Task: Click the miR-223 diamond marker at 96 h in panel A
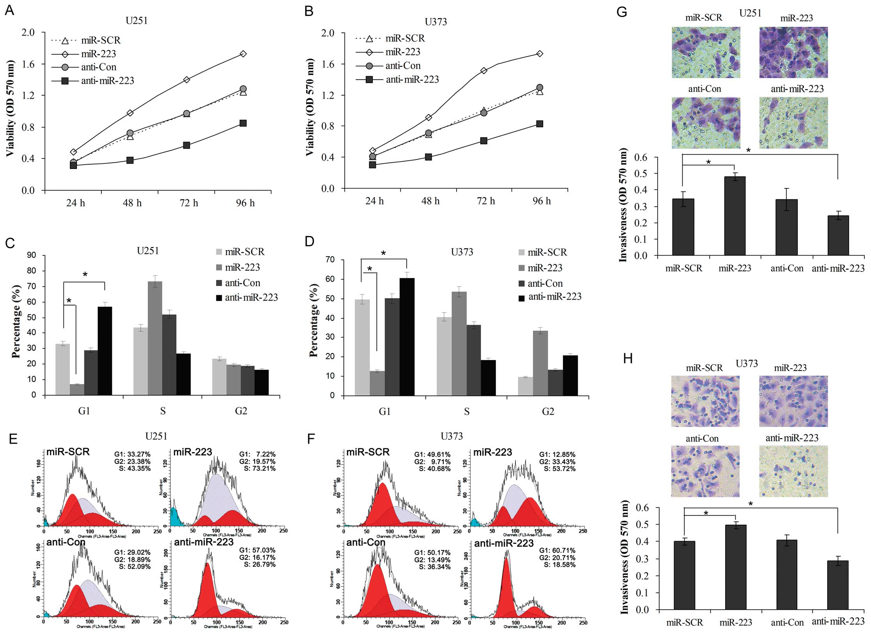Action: point(243,54)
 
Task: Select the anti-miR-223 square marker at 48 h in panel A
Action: point(130,160)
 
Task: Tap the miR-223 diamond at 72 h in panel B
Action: point(484,71)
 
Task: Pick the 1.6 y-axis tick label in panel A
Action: point(28,64)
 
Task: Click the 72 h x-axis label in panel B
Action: point(486,201)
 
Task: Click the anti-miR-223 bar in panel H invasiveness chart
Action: point(838,585)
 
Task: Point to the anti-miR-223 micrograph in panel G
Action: point(793,123)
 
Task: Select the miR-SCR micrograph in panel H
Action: point(705,401)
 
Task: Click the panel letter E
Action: point(13,439)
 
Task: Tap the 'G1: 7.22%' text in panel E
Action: point(257,455)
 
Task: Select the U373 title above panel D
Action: point(462,252)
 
